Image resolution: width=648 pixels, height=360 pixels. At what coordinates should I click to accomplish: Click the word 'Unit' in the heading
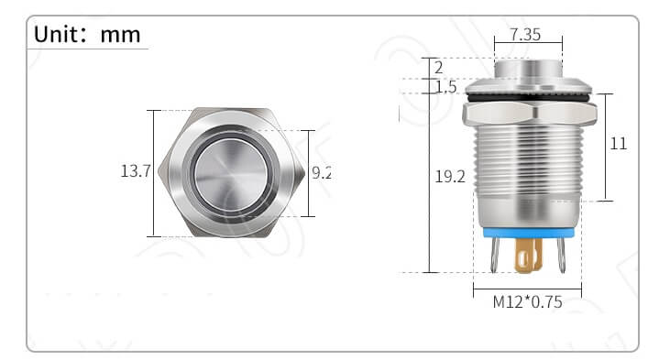click(58, 35)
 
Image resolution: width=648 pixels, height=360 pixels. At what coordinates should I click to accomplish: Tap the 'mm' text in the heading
click(121, 35)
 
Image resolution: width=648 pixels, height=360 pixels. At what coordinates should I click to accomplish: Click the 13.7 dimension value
click(136, 171)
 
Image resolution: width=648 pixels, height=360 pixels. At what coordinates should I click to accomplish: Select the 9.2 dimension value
click(321, 171)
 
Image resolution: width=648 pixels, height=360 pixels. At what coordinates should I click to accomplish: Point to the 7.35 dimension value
click(524, 34)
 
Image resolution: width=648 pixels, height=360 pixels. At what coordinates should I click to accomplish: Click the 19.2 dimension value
click(450, 177)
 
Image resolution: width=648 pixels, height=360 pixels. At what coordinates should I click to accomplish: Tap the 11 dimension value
click(619, 144)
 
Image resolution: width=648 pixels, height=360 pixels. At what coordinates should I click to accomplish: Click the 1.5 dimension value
click(446, 87)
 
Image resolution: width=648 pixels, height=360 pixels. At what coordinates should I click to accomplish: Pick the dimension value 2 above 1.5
click(439, 68)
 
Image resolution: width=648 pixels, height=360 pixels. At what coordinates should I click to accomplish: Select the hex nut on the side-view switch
click(530, 114)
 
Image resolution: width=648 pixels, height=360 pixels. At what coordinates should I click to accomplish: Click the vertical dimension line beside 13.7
click(154, 172)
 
